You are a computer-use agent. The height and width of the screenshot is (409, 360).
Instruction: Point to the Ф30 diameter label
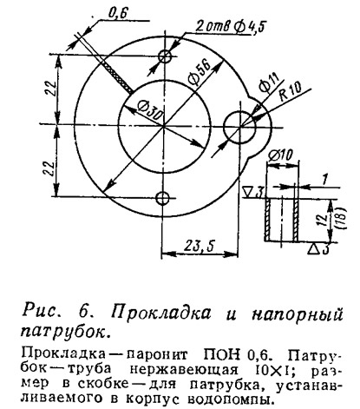coord(149,111)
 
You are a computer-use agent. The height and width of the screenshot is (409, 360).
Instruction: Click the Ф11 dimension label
coord(269,82)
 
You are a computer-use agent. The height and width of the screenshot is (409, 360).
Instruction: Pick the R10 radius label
coord(290,91)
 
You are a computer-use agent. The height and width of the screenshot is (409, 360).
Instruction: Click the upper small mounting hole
coord(165,56)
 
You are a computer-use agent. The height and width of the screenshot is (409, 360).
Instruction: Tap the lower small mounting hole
coord(163,198)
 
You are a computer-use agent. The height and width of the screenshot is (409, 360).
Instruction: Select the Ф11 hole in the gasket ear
coord(240,127)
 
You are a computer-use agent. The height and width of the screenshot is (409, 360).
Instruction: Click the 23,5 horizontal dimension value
coord(200,247)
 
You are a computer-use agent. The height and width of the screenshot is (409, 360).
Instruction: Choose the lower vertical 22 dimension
coord(49,167)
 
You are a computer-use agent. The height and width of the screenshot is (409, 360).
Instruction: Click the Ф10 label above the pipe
coord(280,155)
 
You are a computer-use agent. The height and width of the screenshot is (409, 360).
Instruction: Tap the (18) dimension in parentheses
coord(343,219)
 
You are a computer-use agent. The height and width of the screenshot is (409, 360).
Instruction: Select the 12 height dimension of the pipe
coord(324,221)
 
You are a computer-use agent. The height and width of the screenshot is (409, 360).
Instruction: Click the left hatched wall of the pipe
coord(267,220)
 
